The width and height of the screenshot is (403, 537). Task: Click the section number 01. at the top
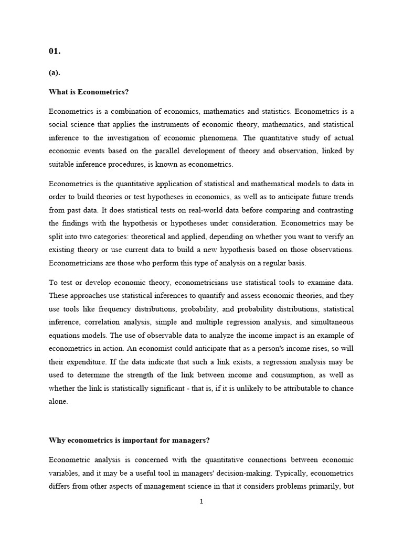(55, 51)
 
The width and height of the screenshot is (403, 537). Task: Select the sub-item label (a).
(55, 73)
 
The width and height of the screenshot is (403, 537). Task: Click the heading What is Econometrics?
(89, 92)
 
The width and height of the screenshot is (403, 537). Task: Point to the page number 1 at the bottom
(201, 501)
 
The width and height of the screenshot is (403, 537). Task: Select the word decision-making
(247, 472)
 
